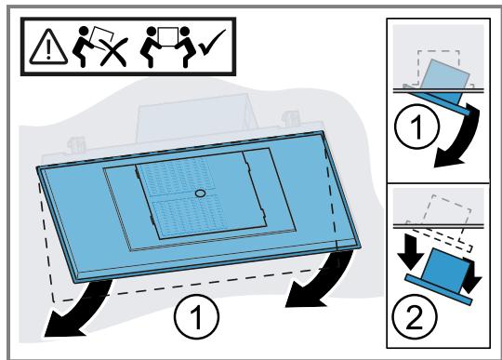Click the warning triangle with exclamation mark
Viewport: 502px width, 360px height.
point(48,47)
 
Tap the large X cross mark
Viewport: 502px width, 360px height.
point(113,52)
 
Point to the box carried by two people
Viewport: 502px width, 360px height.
point(168,37)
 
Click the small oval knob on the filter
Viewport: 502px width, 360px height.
point(200,193)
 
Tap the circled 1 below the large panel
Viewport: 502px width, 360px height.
point(196,316)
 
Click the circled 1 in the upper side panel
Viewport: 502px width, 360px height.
point(416,126)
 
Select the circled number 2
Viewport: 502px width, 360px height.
point(415,316)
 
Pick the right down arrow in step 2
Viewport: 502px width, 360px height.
point(471,276)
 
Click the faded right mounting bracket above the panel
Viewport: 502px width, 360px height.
point(290,118)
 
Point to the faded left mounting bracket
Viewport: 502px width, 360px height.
point(76,145)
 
